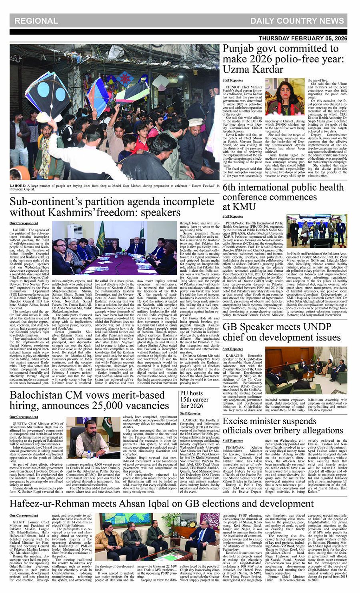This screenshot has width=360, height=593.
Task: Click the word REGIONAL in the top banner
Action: coord(36,21)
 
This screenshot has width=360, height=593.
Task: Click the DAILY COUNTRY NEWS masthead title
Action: coord(297,21)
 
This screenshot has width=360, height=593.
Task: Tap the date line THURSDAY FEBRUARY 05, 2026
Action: coord(303,38)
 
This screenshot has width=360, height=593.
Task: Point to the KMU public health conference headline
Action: coord(283,197)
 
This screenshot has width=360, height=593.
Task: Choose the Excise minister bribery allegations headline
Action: coord(283,426)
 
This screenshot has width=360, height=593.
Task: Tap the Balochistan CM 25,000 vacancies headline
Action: coord(89,400)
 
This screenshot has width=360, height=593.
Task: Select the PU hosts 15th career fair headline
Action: coord(194,399)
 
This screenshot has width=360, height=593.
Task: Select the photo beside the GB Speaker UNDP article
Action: coord(306,370)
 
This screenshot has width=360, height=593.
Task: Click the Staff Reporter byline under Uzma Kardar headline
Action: coord(233,80)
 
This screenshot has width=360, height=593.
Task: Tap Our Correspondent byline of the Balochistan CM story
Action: coord(24,417)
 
